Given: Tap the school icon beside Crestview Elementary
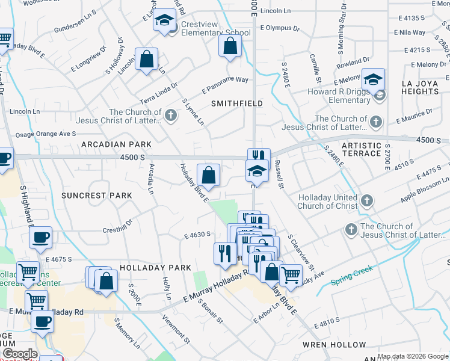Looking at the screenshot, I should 164,22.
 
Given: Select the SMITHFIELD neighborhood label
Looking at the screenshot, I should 237,103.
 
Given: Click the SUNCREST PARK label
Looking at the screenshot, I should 96,196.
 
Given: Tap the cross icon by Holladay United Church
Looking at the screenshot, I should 367,200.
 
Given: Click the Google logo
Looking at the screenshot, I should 19,354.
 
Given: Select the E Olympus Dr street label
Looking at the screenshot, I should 280,28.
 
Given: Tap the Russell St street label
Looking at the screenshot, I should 278,174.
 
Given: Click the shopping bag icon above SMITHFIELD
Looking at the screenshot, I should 230,46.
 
